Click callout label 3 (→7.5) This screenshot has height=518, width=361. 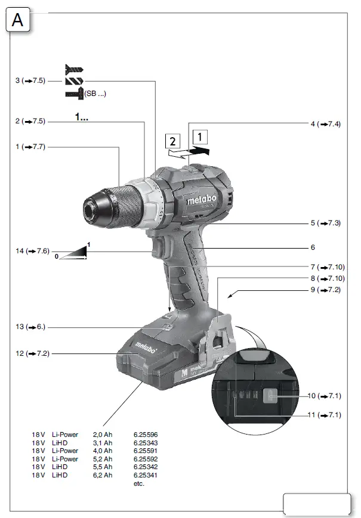tap(30, 80)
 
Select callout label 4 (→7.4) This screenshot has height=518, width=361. tap(325, 124)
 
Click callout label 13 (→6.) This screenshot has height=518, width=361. tap(30, 327)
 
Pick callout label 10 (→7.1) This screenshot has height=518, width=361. tap(325, 395)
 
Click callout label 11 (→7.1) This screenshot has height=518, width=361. tap(325, 414)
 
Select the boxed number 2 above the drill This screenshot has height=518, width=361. tap(172, 142)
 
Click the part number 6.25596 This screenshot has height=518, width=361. tap(146, 435)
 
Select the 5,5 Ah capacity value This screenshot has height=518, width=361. tap(103, 467)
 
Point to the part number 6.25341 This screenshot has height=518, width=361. tap(146, 475)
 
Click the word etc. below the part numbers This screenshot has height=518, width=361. tap(139, 483)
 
